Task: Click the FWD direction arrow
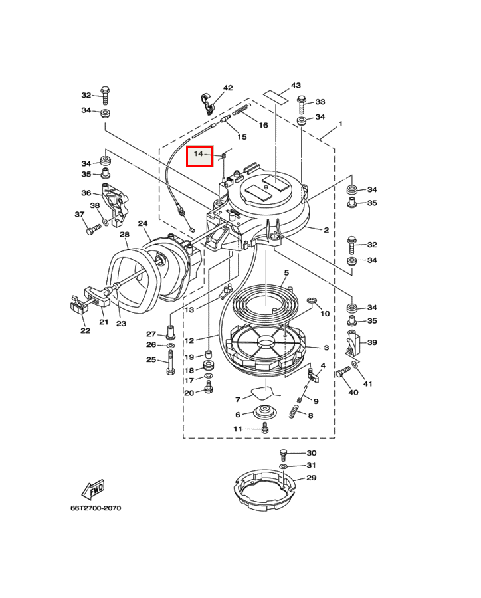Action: pyautogui.click(x=93, y=490)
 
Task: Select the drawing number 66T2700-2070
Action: pyautogui.click(x=96, y=508)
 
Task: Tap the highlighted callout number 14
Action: pyautogui.click(x=199, y=153)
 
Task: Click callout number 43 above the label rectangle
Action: pyautogui.click(x=296, y=86)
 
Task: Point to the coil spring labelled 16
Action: pyautogui.click(x=241, y=110)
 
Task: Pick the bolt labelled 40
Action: pyautogui.click(x=343, y=371)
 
